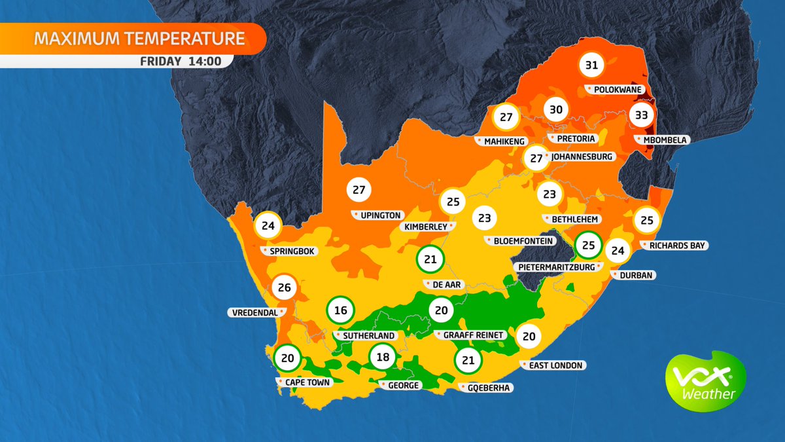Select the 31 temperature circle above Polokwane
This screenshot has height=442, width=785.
tap(592, 65)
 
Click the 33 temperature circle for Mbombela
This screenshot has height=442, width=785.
tap(642, 116)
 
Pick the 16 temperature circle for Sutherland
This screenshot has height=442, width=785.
tap(340, 310)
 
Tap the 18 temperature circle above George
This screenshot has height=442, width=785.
tap(383, 358)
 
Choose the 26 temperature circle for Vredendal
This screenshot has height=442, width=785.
tap(285, 287)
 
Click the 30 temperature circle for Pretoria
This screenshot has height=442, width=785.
tap(555, 109)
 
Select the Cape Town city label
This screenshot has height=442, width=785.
tap(306, 382)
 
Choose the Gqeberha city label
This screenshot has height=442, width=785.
tap(489, 388)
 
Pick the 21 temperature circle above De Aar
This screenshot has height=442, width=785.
tap(430, 259)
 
